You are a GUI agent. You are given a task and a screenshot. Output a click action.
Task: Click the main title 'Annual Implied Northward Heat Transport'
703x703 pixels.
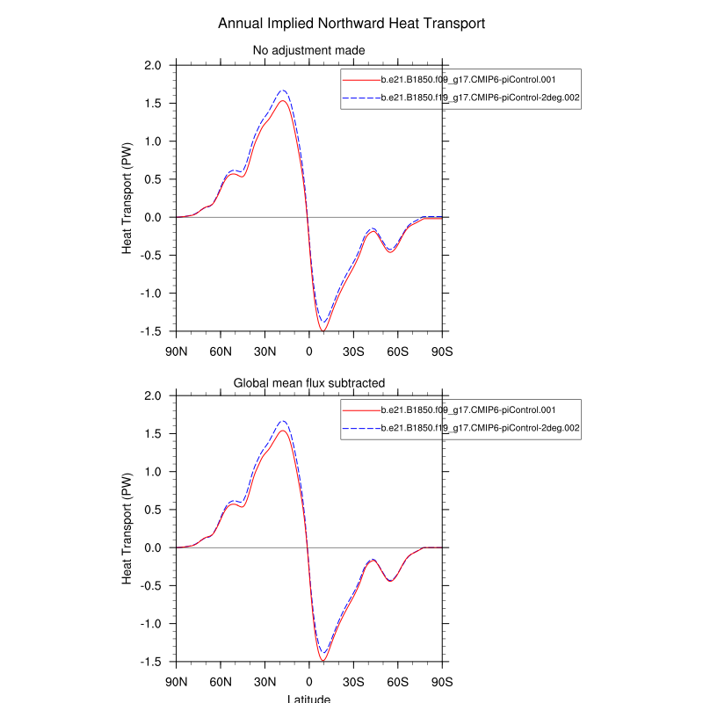click(x=351, y=23)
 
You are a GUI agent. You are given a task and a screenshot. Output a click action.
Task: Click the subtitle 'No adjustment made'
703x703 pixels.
click(x=308, y=50)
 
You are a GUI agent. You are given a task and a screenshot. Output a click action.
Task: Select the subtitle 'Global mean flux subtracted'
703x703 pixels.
click(x=308, y=381)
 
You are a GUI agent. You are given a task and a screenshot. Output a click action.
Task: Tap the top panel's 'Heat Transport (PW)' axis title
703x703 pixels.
click(x=127, y=199)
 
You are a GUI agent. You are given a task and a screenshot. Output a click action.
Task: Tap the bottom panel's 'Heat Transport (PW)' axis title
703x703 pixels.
click(x=127, y=529)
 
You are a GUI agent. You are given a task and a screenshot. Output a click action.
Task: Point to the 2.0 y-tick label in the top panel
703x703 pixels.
click(x=152, y=65)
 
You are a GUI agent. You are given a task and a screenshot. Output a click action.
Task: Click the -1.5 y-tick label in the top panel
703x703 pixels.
click(x=150, y=331)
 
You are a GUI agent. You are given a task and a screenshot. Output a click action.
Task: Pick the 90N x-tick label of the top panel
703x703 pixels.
click(x=177, y=351)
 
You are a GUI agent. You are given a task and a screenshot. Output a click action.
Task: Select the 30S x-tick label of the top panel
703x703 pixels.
click(x=353, y=351)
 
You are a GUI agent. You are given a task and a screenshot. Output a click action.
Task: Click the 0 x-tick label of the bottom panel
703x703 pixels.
click(x=308, y=682)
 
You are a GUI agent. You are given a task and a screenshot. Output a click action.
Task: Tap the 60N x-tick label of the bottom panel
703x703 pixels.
click(x=221, y=682)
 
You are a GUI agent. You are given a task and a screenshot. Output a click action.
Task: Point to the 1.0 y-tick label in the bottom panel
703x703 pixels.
click(x=152, y=472)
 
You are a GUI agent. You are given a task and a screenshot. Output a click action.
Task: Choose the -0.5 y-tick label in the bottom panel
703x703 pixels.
click(x=150, y=586)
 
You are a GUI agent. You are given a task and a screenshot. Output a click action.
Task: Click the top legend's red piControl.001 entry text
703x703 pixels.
click(x=467, y=79)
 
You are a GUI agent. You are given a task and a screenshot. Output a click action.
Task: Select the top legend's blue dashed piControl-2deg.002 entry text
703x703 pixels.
click(x=480, y=98)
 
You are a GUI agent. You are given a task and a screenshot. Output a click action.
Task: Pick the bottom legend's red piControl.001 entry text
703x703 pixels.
click(x=467, y=409)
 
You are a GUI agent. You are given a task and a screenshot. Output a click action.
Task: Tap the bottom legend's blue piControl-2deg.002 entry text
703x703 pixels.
click(x=480, y=428)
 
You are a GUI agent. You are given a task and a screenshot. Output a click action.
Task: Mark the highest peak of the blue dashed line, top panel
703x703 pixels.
click(x=283, y=91)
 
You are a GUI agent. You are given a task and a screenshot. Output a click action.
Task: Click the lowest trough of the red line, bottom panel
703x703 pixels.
click(x=323, y=660)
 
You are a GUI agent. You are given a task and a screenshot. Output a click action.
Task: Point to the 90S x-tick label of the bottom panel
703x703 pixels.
click(x=441, y=682)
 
